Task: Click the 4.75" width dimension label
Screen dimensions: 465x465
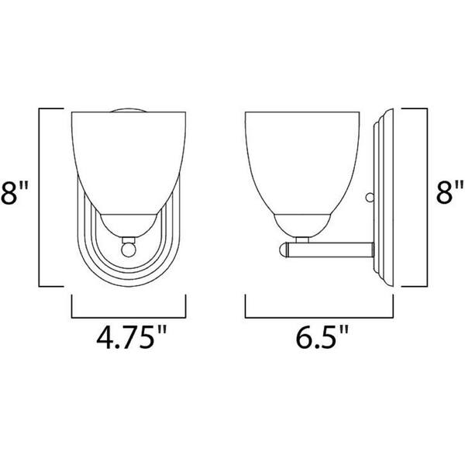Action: point(131,338)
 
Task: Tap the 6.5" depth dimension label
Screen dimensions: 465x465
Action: point(322,338)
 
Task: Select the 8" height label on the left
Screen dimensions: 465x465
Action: point(14,192)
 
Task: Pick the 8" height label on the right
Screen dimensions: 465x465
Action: point(449,192)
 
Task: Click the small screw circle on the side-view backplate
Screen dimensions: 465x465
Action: point(370,197)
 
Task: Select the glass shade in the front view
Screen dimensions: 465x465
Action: point(129,163)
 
